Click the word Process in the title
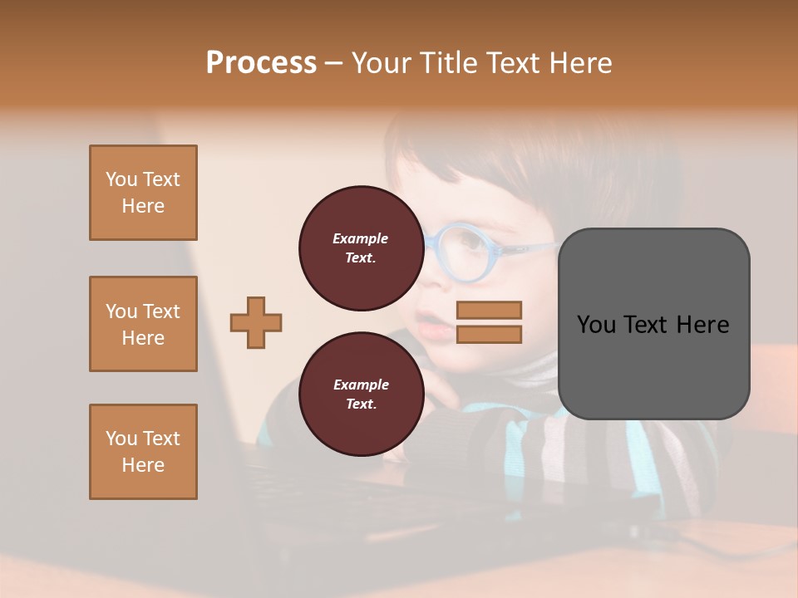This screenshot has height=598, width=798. coord(261,63)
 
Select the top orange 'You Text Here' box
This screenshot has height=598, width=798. coord(143,193)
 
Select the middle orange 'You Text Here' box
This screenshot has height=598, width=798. coord(143,324)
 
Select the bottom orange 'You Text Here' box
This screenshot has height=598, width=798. coord(143,452)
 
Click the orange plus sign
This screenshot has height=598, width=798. coord(256,322)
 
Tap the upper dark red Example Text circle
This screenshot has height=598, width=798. coord(361,248)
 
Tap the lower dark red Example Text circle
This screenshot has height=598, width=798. coord(361,395)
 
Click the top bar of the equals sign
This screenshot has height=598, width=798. coord(490,311)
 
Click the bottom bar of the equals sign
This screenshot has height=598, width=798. coord(490,335)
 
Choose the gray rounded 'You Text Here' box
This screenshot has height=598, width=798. coord(653,324)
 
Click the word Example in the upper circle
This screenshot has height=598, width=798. coord(361,238)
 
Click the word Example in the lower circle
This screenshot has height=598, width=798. coord(361,385)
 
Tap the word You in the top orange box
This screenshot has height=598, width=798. coord(121,179)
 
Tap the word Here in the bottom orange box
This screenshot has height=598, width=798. coord(143,465)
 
